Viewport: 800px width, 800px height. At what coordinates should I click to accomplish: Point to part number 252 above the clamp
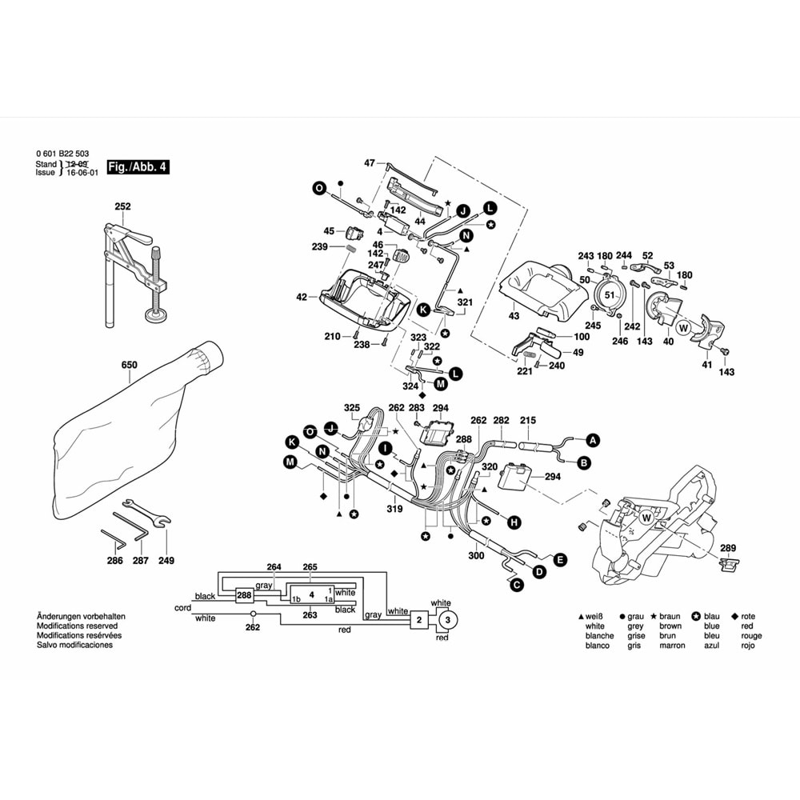point(122,206)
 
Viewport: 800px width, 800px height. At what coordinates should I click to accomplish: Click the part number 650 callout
point(130,366)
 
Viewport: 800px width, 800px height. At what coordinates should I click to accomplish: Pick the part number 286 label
point(115,561)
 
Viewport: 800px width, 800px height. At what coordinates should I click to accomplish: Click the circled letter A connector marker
point(593,440)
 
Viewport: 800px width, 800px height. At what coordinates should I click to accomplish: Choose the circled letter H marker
point(514,522)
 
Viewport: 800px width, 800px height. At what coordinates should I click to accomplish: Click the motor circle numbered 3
point(447,620)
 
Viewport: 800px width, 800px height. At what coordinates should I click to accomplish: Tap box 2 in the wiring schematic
point(418,620)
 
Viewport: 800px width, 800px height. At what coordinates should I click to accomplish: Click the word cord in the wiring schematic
point(182,608)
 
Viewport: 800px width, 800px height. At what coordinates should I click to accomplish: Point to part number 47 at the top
point(369,163)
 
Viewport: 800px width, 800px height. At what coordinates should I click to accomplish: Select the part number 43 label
point(514,316)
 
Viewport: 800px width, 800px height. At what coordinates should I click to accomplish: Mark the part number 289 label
point(727,548)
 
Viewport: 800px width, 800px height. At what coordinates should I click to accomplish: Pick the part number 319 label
point(394,507)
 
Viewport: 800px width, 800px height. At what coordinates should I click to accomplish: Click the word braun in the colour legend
point(670,617)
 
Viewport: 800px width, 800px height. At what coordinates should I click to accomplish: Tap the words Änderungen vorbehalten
point(81,617)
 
